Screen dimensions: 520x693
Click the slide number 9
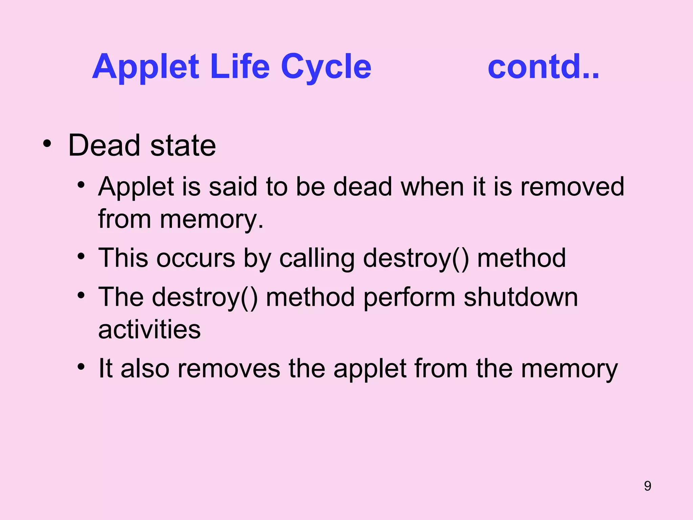[x=647, y=486]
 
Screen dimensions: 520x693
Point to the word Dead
[x=104, y=145]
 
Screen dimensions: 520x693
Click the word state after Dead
[x=183, y=146]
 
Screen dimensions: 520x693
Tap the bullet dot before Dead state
[x=47, y=144]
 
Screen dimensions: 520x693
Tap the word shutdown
[x=520, y=297]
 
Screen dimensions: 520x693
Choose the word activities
[x=149, y=329]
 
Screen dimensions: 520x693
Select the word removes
[x=229, y=369]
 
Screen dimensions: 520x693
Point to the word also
[x=145, y=368]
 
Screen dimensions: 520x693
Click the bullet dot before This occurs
[x=81, y=256]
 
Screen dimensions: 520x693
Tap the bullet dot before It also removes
[x=81, y=367]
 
